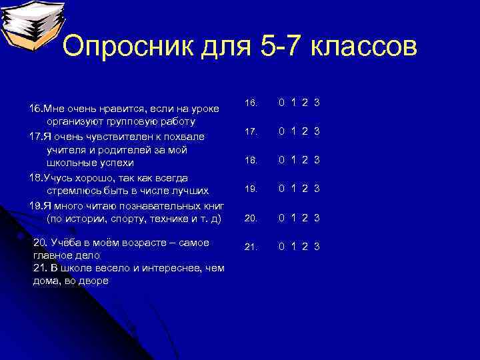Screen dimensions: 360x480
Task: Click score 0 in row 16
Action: click(x=282, y=103)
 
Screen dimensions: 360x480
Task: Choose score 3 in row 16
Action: click(x=317, y=103)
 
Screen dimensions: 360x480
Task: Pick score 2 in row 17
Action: click(x=305, y=131)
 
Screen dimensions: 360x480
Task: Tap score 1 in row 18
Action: click(x=294, y=160)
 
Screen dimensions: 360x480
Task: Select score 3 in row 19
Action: click(x=317, y=189)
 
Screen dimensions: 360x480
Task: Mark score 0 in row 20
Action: click(x=282, y=218)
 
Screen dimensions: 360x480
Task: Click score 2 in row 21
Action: click(x=305, y=247)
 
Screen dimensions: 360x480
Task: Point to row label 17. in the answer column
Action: click(x=251, y=132)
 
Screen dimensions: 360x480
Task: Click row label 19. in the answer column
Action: click(x=251, y=189)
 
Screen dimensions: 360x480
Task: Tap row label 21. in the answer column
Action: click(x=251, y=247)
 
